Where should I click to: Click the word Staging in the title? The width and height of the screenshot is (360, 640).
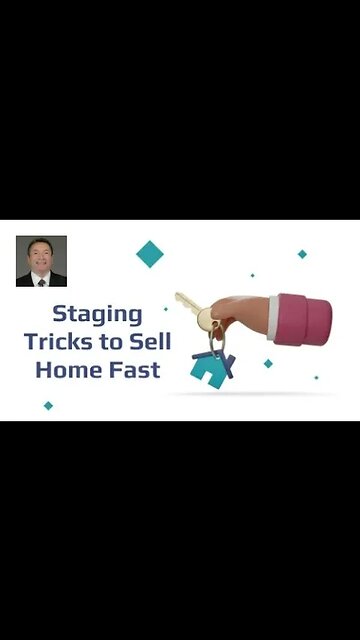pos(97,313)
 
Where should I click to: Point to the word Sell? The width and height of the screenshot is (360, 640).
pos(155,341)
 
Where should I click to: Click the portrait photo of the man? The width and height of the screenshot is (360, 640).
pos(41,261)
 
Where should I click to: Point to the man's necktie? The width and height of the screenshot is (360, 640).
pos(41,280)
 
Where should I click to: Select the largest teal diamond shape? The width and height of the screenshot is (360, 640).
pos(150,254)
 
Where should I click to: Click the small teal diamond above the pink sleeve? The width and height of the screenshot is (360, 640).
pos(302,254)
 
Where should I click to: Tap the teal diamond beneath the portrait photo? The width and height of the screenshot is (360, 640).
pos(48,405)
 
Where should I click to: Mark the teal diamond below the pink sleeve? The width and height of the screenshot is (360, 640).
pos(268,363)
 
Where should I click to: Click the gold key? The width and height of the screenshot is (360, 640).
pos(190,307)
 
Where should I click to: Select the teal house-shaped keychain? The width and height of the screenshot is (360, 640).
pos(208,371)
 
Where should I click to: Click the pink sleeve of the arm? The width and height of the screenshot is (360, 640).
pos(306,319)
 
